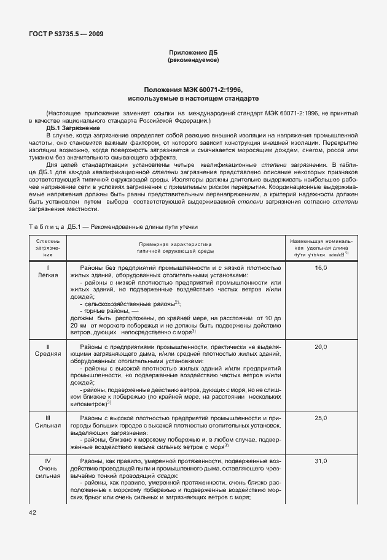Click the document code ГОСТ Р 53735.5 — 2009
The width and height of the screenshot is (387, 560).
pos(64,34)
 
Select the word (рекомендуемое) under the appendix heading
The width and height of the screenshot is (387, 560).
pos(193,61)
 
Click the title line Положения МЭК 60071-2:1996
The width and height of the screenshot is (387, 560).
pos(193,90)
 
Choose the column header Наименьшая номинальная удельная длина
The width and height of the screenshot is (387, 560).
pos(321,247)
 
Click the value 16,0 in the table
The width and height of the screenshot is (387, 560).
pos(321,268)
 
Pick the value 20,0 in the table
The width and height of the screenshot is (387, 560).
pos(321,347)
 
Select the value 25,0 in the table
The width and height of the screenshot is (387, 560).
pos(321,418)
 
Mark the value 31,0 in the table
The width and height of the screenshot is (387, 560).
pos(321,461)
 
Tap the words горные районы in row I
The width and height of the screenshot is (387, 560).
pos(108,312)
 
